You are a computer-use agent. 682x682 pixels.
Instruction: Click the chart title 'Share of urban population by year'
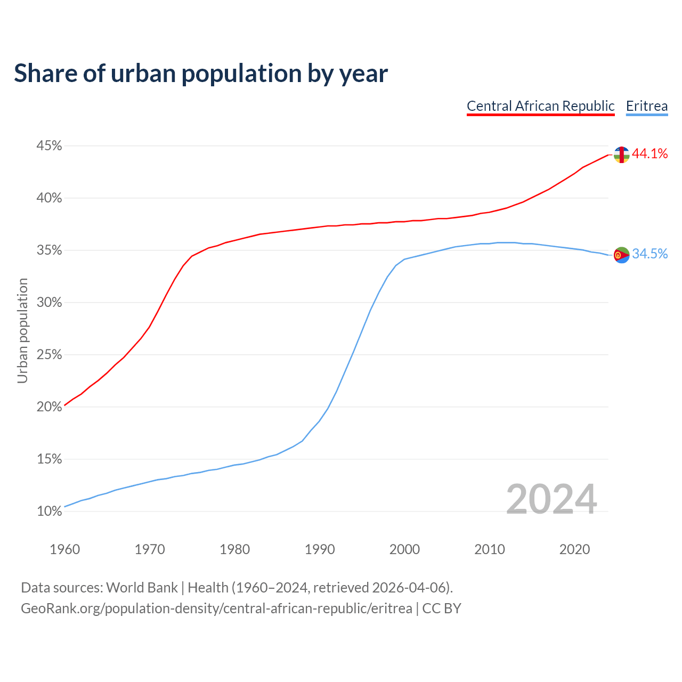click(201, 73)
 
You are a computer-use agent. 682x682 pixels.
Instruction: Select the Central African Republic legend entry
click(540, 106)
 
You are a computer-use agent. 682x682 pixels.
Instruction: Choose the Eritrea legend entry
click(646, 106)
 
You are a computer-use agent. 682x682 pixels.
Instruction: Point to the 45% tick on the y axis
click(49, 146)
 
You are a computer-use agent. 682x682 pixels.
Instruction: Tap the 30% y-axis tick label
click(49, 303)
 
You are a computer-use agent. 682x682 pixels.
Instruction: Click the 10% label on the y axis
click(49, 511)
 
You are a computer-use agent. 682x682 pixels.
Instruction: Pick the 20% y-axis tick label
click(49, 407)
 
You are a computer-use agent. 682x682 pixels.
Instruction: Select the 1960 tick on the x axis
click(64, 549)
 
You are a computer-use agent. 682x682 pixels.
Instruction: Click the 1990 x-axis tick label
click(320, 549)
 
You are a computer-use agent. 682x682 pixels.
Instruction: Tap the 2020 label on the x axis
click(574, 549)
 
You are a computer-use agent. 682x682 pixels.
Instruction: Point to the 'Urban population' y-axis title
click(22, 330)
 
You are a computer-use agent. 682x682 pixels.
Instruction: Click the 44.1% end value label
click(649, 154)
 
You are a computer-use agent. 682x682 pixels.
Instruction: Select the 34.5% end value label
click(649, 254)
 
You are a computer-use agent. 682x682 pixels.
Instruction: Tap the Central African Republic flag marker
click(621, 155)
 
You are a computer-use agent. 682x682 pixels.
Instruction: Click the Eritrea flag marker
click(621, 255)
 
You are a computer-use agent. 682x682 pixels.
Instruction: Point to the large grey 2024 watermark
click(551, 500)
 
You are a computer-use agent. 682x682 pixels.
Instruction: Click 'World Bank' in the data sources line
click(142, 588)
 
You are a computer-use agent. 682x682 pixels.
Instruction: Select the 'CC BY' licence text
click(442, 608)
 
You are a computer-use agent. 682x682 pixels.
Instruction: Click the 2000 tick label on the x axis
click(404, 549)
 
